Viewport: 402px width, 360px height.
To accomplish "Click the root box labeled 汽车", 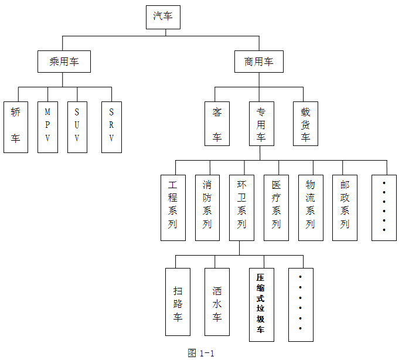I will [x=163, y=17].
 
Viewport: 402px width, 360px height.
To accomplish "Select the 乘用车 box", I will [x=64, y=61].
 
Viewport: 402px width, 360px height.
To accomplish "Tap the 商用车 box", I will [x=258, y=61].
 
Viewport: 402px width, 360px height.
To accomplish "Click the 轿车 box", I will [x=15, y=127].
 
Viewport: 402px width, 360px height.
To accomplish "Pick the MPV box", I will [x=47, y=127].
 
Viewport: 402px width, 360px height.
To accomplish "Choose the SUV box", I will [x=77, y=127].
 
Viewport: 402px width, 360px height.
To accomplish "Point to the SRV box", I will [x=111, y=127].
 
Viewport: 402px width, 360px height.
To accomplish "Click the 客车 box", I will [x=217, y=124].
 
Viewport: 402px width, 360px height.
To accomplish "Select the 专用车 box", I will [x=261, y=124].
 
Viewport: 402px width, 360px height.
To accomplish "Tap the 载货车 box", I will [x=305, y=124].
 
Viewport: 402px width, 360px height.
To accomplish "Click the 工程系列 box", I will [x=173, y=207].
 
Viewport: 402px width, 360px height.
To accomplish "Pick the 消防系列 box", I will [x=207, y=207].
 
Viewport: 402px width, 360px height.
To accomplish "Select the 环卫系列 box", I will [x=241, y=207].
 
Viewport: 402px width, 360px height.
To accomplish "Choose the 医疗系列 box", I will [x=276, y=207].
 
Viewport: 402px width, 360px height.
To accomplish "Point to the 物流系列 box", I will [x=311, y=207].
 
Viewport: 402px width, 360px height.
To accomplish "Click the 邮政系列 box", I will [x=345, y=207].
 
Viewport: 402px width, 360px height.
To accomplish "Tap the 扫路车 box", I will [x=178, y=301].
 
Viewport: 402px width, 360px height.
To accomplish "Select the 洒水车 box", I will [x=217, y=301].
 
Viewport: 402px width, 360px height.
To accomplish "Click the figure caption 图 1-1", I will [x=201, y=353].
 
